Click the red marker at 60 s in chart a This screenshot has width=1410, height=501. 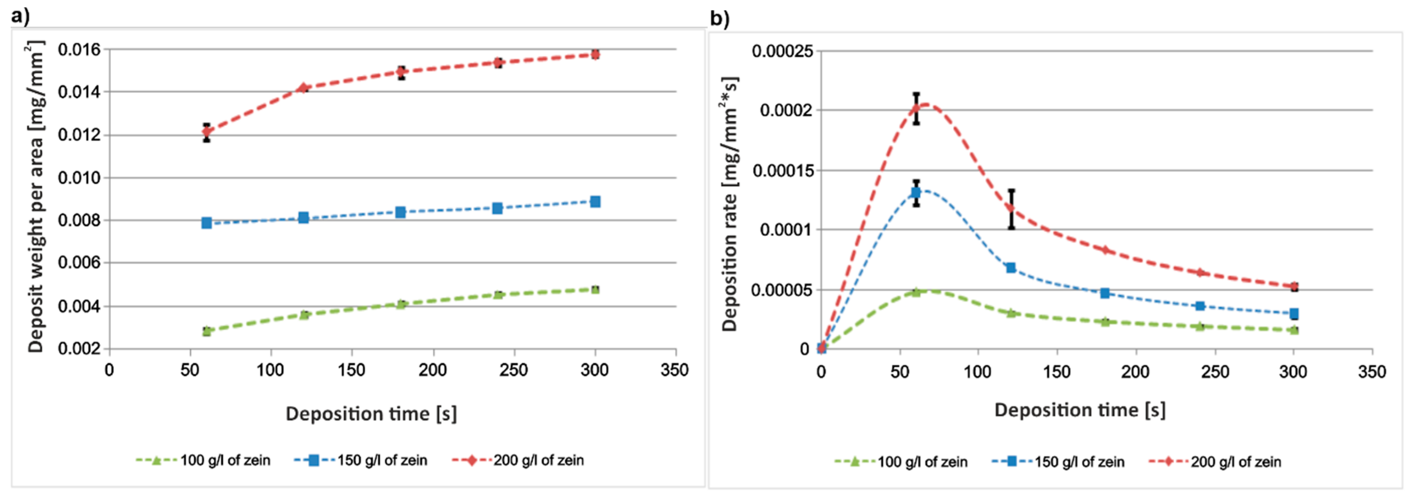tap(206, 132)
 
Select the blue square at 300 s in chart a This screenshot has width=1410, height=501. tap(595, 202)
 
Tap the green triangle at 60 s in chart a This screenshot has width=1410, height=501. tap(206, 331)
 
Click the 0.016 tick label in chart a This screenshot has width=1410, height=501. tap(79, 50)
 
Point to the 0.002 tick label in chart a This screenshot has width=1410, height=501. tap(79, 349)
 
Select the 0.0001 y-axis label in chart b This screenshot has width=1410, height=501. tap(786, 230)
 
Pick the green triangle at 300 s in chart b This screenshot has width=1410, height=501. tap(1293, 330)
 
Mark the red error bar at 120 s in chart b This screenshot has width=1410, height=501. tap(1011, 209)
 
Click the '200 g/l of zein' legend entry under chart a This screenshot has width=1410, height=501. tap(538, 460)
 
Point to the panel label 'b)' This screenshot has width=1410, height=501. tap(719, 19)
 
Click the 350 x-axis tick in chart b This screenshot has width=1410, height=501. tap(1372, 372)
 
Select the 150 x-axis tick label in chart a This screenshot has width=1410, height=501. tap(351, 371)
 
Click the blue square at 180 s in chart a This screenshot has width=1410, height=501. tap(400, 212)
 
